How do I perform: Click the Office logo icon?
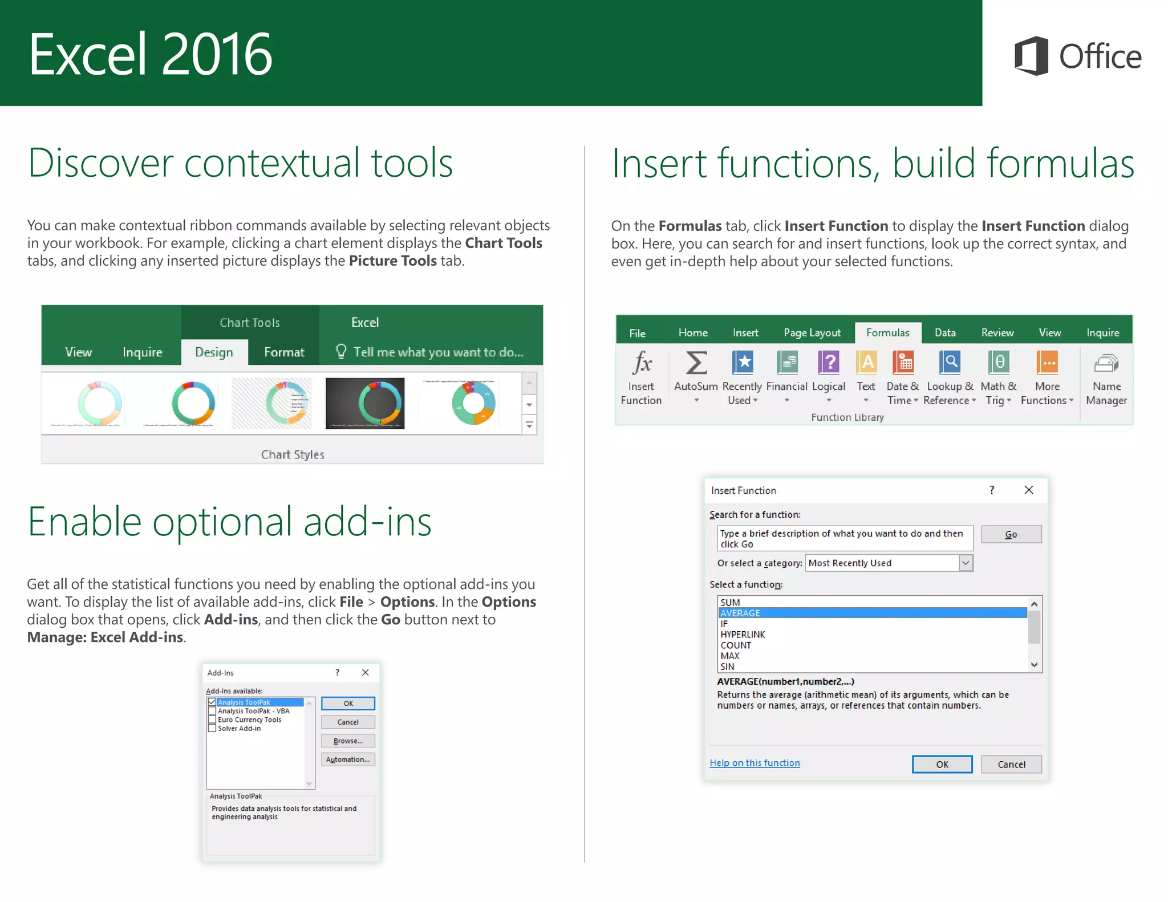point(1031,56)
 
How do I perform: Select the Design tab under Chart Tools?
point(214,352)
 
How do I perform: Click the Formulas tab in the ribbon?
point(887,332)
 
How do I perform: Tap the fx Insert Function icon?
point(642,363)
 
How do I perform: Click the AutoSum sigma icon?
point(696,363)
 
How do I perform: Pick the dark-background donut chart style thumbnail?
point(365,403)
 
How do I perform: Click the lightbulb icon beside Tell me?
point(341,351)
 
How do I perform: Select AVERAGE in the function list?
point(740,613)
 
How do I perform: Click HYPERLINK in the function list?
point(743,635)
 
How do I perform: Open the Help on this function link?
point(755,763)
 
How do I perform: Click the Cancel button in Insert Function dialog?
point(1011,764)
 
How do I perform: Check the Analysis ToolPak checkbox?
point(212,702)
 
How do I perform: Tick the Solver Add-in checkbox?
point(212,728)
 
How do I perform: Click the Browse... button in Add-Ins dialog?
point(348,741)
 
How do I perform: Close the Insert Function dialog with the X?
point(1029,490)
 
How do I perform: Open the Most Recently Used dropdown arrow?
point(966,563)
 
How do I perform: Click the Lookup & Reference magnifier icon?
point(950,363)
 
